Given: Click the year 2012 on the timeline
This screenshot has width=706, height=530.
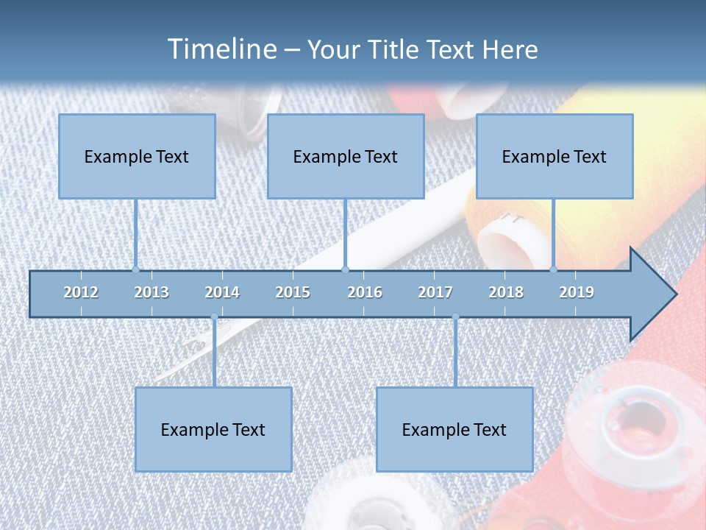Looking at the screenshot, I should [x=81, y=292].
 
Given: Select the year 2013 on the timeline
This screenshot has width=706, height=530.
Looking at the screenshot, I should [x=151, y=292].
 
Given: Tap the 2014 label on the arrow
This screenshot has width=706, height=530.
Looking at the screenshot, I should [x=222, y=292].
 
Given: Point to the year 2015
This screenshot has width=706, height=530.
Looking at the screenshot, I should [x=293, y=292].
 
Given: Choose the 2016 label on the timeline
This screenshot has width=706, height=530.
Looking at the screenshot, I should [x=365, y=292].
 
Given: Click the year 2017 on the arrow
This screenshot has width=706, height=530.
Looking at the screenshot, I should [x=435, y=292].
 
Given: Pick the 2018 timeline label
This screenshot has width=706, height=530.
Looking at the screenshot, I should [x=506, y=292].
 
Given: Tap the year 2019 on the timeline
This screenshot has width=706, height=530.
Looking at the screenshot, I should [x=577, y=292].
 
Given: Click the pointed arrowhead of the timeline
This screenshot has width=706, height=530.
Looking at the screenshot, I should [x=655, y=294].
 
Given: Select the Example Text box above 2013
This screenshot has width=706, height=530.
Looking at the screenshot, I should [x=137, y=156].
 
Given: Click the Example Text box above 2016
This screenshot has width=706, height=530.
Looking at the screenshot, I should [x=346, y=156].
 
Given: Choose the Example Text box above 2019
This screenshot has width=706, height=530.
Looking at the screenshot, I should [x=555, y=156].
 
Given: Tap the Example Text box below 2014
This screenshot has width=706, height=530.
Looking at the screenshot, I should [x=213, y=429].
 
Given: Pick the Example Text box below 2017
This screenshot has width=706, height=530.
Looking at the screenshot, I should [x=454, y=429].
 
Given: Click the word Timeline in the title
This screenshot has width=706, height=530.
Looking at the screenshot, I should [x=221, y=49].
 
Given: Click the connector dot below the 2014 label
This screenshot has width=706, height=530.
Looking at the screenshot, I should [x=214, y=317].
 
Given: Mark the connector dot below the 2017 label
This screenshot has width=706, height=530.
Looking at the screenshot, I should [x=455, y=317].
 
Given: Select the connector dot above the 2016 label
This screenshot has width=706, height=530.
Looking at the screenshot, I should [x=346, y=269].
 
